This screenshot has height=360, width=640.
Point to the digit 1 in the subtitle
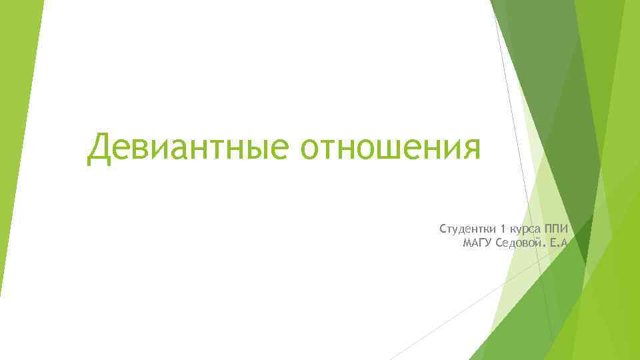[x=502, y=229]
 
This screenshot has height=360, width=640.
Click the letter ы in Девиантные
[x=259, y=149]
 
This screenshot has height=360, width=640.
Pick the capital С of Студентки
[x=443, y=229]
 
